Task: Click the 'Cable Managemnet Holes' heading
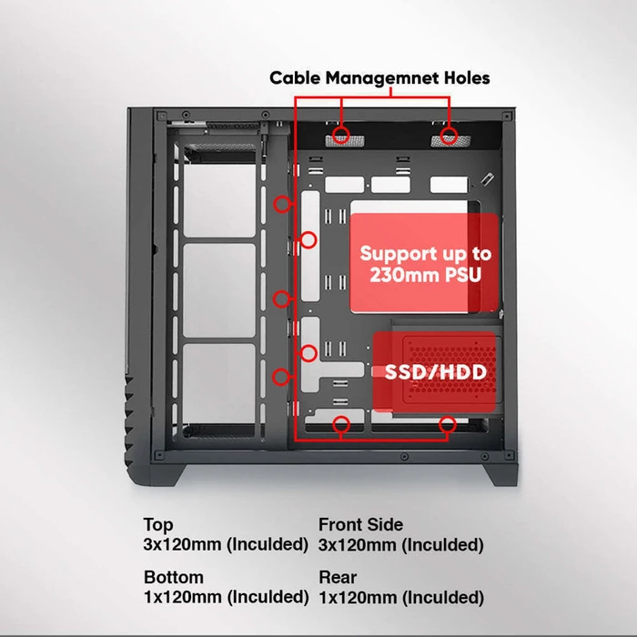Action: [x=379, y=78]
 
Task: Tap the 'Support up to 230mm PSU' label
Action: [x=425, y=264]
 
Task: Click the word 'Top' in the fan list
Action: [x=158, y=525]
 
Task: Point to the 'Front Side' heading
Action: [x=360, y=525]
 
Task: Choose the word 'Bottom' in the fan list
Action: [x=174, y=577]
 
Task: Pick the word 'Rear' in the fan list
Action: [x=337, y=577]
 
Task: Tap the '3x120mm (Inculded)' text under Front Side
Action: [x=400, y=545]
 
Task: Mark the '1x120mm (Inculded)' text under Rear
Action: [x=400, y=597]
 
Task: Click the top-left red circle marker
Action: [x=341, y=136]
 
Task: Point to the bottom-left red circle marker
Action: [x=342, y=423]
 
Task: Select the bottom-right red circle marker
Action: [x=448, y=423]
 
